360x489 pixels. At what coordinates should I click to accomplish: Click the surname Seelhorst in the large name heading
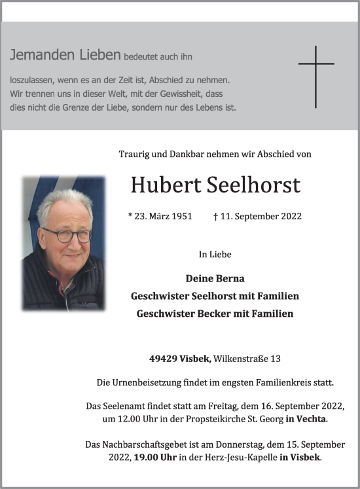click(252, 185)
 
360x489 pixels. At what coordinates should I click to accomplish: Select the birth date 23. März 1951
click(160, 216)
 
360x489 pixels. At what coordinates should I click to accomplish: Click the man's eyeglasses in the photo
click(68, 235)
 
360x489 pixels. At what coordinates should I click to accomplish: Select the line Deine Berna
click(215, 278)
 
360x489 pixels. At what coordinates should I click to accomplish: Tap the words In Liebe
click(215, 254)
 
